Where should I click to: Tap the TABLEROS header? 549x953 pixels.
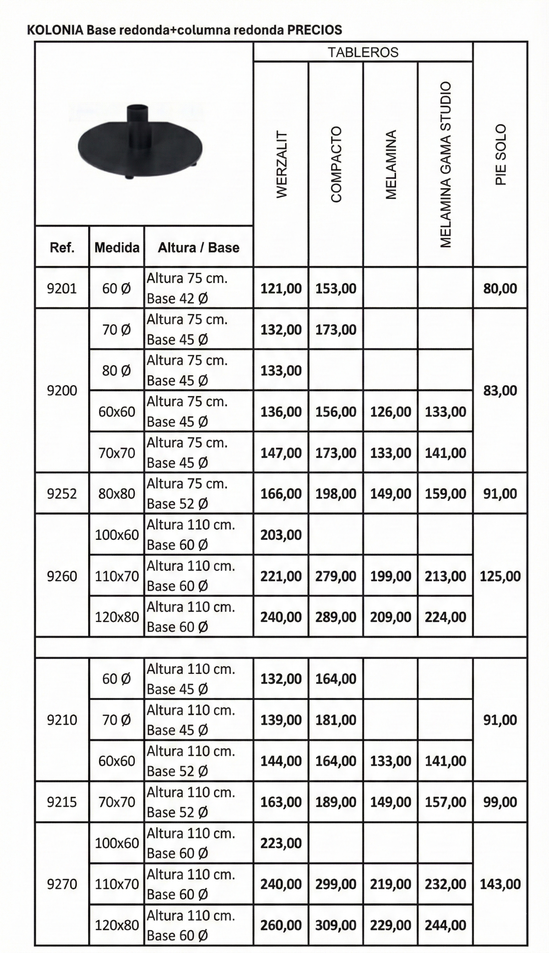[363, 52]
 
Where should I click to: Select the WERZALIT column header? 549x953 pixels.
[281, 164]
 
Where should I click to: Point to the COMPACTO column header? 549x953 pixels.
[336, 164]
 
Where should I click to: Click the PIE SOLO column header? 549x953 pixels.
[500, 155]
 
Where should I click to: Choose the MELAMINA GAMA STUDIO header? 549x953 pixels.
[446, 164]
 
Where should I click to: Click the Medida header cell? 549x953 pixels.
[117, 247]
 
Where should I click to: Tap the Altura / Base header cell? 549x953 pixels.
[198, 247]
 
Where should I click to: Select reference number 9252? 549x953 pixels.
[62, 494]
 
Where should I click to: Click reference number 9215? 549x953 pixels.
[62, 802]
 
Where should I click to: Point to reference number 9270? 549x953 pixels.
[62, 884]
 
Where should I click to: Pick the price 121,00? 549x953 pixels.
[281, 288]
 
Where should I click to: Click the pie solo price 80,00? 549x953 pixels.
[500, 288]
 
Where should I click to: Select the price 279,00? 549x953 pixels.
[336, 576]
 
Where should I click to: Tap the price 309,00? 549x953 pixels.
[336, 925]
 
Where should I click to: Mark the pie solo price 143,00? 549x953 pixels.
[500, 884]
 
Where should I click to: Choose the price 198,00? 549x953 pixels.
[336, 494]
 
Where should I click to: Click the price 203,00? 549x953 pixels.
[281, 535]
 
